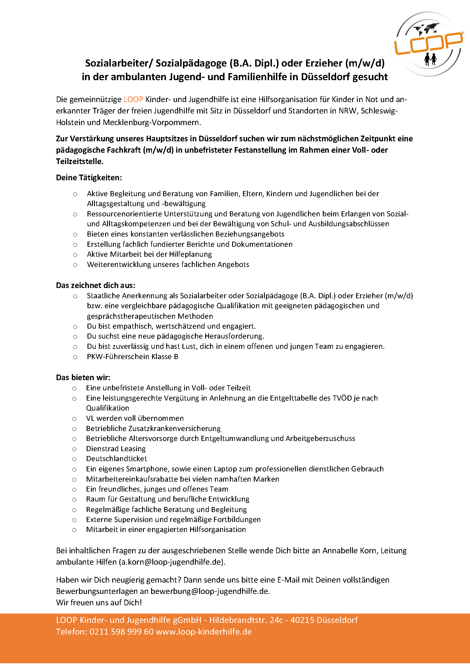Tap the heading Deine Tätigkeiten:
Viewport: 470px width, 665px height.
(89, 177)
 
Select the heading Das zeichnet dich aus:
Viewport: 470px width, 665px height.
(95, 285)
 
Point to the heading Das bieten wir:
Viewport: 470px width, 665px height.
(83, 377)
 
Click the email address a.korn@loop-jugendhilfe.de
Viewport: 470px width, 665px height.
(172, 562)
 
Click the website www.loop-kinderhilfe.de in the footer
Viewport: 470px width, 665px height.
(203, 632)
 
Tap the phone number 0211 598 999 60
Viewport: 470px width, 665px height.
(121, 632)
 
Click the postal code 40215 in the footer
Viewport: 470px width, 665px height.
(302, 620)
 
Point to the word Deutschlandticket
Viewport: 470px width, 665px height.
(116, 459)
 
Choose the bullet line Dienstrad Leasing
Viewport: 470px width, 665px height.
(116, 449)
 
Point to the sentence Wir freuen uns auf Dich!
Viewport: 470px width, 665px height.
(99, 602)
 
